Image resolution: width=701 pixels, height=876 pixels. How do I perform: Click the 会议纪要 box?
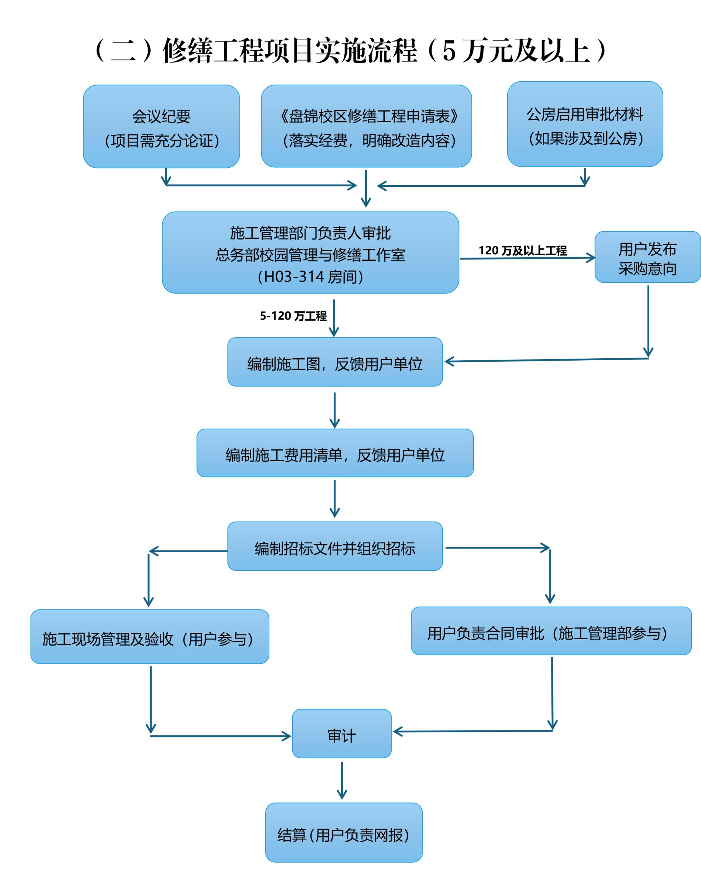(161, 126)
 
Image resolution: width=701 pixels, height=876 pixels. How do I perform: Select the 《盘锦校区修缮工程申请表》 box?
(366, 126)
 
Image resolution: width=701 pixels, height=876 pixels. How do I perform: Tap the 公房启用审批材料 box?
(585, 124)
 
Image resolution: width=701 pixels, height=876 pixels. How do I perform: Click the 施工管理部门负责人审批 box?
(310, 252)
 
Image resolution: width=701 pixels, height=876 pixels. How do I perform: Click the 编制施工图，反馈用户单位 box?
(335, 362)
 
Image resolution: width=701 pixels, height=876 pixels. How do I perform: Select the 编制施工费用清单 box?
(335, 453)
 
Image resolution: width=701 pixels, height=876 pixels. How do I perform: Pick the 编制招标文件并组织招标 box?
(335, 546)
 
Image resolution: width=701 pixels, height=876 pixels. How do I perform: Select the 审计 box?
(342, 734)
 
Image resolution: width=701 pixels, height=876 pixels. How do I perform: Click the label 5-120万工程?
(293, 316)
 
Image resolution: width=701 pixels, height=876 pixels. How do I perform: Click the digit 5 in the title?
(449, 51)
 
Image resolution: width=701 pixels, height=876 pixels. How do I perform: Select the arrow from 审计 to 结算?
(342, 780)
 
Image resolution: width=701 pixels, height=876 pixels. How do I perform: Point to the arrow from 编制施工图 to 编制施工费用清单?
(334, 410)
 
